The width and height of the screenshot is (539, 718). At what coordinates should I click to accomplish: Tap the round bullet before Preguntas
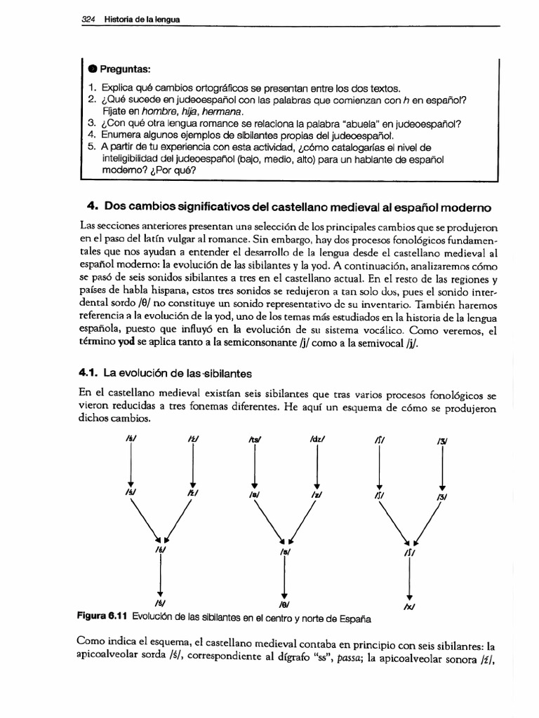(93, 69)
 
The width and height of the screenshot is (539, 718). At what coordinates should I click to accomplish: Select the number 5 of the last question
(92, 146)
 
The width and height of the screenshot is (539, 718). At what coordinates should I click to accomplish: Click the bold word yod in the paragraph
(126, 344)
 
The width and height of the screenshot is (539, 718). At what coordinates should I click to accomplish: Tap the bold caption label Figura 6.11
(105, 617)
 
